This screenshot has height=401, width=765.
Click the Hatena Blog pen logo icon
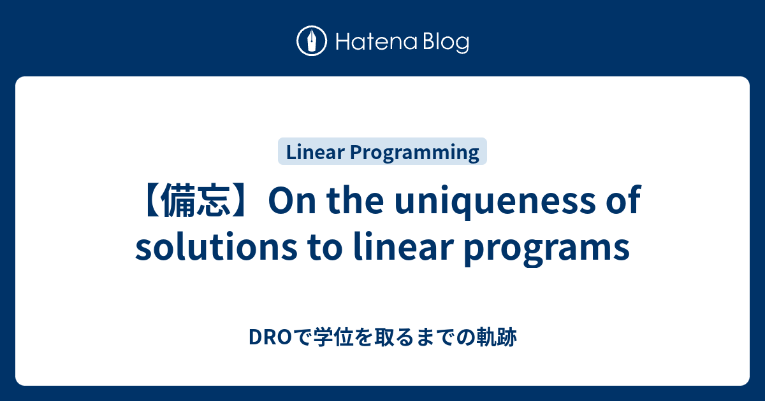click(312, 41)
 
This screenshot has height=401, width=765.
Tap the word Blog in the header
click(444, 43)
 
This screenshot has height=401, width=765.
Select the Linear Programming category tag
click(382, 152)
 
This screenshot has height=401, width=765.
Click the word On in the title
click(289, 202)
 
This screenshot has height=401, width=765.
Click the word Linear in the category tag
click(314, 152)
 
